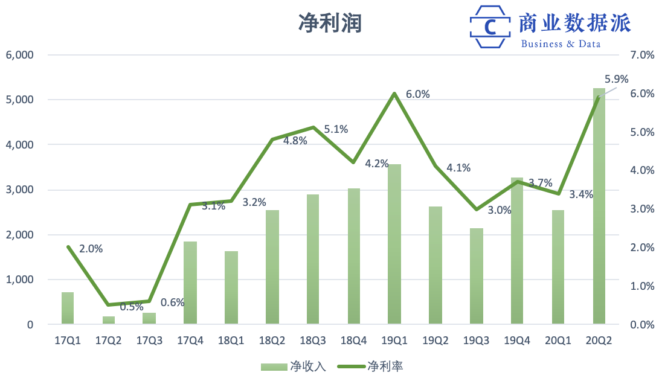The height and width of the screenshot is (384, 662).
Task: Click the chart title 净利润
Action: coord(330,23)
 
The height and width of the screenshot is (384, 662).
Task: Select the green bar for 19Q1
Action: coord(394,245)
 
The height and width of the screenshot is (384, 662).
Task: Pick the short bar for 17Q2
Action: coord(109,320)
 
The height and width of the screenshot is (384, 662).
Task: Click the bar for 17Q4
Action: coord(190,283)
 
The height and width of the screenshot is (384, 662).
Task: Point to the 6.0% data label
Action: coord(417,94)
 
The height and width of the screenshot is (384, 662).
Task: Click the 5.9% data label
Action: coord(616,79)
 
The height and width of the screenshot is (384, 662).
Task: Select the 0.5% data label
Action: coord(132,307)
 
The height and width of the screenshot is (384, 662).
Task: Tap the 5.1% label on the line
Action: coord(336,129)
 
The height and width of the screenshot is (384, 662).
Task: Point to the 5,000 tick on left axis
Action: coord(21,100)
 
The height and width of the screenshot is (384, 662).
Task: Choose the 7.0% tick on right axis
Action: coord(641,55)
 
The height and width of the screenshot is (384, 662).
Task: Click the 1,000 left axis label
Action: coord(21,280)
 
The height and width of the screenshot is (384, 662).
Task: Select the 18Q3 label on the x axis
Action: coord(313,341)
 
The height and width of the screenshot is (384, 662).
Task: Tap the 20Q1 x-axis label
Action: coord(558,341)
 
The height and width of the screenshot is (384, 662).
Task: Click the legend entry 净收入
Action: coord(293,366)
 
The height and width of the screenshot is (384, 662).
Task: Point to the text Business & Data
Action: coord(561,44)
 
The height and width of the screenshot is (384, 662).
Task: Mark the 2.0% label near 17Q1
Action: coord(91,248)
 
